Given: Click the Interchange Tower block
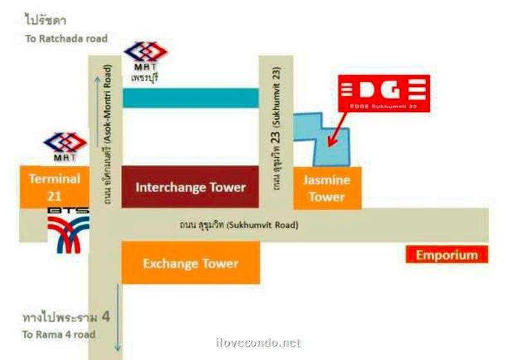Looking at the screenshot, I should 190,187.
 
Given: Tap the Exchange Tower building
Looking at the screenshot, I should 191,263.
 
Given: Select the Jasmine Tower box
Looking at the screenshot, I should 327,188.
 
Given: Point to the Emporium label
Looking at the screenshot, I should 447,255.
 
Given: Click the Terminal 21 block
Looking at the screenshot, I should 54,187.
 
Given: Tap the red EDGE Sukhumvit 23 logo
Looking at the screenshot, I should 384,93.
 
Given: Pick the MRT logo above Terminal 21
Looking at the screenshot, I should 64,146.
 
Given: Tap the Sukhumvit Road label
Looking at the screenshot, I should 239,225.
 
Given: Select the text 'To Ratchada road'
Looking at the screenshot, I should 66,39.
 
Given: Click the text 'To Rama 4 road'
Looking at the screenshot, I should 59,334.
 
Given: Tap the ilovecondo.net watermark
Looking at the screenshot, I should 257,343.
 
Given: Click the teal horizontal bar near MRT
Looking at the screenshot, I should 191,98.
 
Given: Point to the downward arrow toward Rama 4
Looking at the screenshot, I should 118,318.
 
